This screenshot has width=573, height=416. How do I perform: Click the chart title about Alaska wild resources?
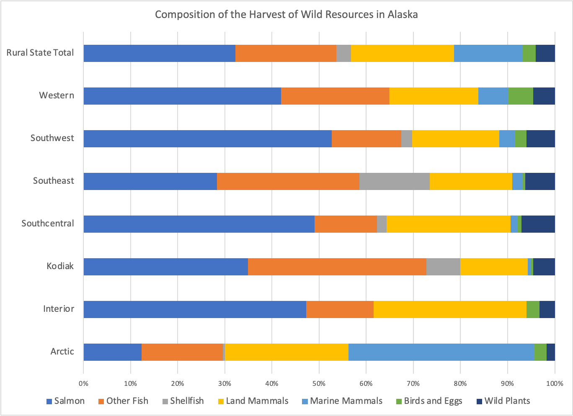coord(286,15)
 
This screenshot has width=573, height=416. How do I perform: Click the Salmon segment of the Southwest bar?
coord(207,139)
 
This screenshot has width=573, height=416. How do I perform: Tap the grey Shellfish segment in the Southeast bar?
coord(394,181)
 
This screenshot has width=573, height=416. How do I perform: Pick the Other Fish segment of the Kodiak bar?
coord(337,267)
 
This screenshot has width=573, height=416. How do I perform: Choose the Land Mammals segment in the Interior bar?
coord(449,309)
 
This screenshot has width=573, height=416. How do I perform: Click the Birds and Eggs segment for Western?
coord(520,96)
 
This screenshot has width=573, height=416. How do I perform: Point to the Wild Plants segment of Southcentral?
coord(538,224)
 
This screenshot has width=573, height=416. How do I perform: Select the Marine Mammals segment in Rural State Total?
coord(488,53)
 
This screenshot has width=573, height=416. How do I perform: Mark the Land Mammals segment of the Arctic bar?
coord(286,352)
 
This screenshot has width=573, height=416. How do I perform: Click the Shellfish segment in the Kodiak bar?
coord(443,267)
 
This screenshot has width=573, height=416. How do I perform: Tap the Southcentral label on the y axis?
coord(48,223)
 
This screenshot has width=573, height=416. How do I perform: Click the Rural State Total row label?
coord(40,53)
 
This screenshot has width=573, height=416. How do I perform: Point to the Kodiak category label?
coord(60,266)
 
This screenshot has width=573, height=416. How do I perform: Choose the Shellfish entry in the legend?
coord(183,401)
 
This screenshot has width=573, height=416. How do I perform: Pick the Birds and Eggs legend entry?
coord(429,401)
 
